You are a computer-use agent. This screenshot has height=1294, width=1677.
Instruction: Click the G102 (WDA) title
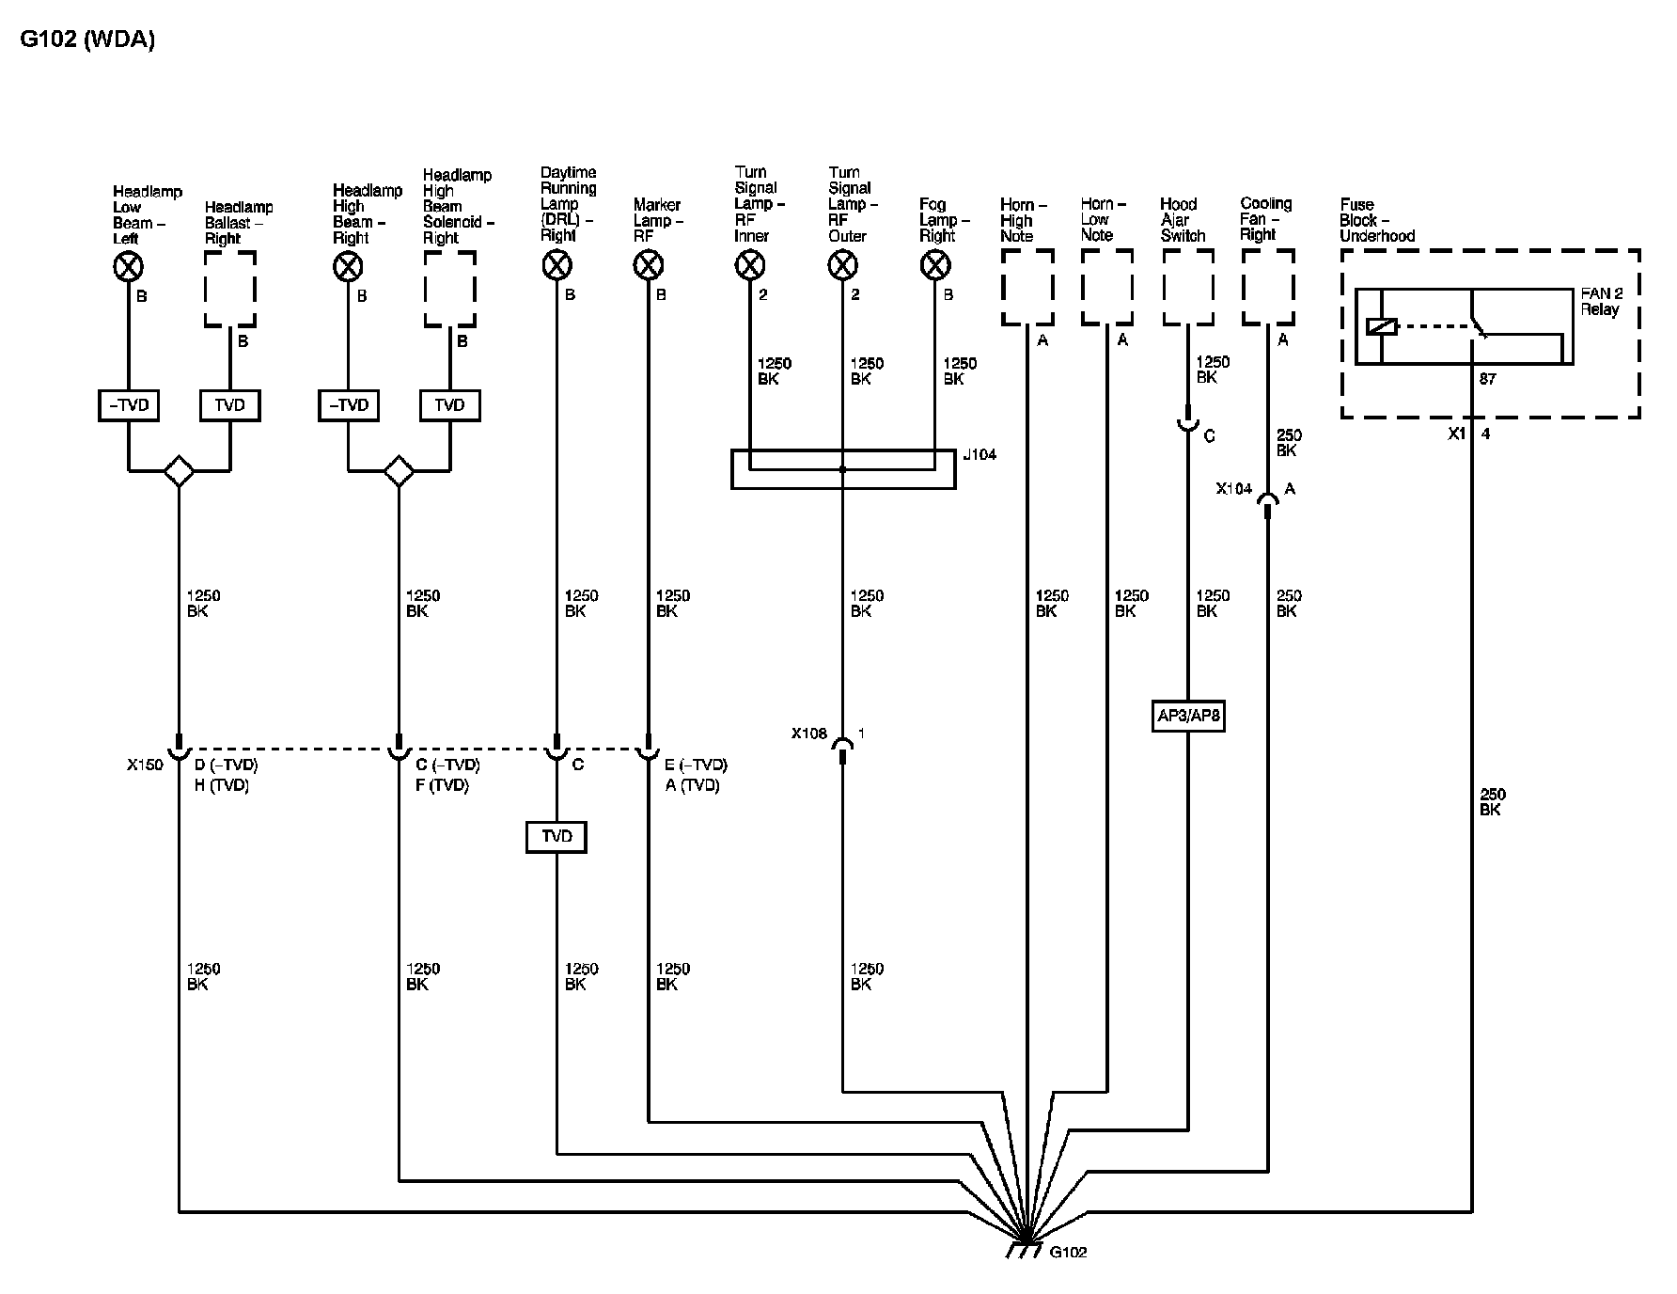click(87, 39)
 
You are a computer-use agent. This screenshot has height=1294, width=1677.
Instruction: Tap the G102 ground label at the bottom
click(1068, 1252)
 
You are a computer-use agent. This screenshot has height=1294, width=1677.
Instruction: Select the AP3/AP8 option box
click(1188, 716)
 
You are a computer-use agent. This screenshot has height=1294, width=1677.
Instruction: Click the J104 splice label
click(980, 454)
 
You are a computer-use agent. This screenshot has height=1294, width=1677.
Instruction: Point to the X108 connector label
click(808, 733)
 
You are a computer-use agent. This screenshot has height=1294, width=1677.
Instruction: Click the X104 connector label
click(1233, 489)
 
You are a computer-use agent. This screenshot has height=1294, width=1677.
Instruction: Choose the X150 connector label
click(145, 765)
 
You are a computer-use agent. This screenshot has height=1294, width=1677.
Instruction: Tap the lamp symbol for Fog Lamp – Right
click(934, 267)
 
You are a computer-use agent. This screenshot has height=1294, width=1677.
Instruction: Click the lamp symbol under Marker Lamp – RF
click(648, 267)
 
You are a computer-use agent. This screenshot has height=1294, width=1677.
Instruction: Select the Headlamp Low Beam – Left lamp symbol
click(128, 268)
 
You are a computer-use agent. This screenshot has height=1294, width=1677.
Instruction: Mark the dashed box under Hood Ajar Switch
click(1187, 288)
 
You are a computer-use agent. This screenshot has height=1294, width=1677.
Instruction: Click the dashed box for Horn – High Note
click(1027, 288)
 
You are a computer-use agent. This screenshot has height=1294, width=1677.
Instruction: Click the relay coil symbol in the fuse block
click(1382, 327)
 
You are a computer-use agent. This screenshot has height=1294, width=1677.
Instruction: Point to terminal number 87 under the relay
click(1487, 379)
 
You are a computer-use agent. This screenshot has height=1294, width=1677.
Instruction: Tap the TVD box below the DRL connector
click(556, 836)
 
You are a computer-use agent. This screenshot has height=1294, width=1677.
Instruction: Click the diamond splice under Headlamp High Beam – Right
click(399, 470)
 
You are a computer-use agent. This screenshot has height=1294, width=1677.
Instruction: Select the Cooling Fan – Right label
click(1266, 219)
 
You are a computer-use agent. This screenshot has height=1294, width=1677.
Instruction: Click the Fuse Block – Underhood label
click(1377, 220)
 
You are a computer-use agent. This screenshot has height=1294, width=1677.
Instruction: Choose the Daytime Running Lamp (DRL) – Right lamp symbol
click(556, 267)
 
